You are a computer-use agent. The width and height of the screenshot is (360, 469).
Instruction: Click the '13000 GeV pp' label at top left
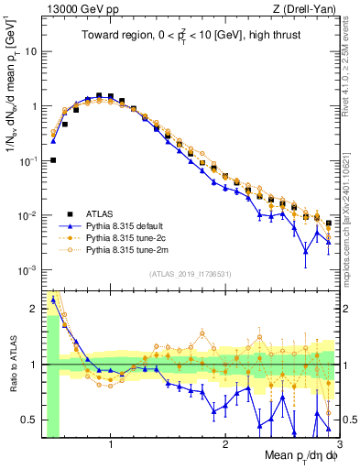point(77,10)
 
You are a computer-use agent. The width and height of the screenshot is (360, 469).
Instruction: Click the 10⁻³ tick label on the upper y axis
point(29,270)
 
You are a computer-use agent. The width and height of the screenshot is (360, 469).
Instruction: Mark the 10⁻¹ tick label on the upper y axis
point(29,160)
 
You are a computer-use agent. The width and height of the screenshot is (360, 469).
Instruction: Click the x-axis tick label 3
point(338,446)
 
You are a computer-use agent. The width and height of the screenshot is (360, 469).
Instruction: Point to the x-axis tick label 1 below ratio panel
point(110,446)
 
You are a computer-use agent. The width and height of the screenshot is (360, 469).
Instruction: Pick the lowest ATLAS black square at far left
point(53,160)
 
